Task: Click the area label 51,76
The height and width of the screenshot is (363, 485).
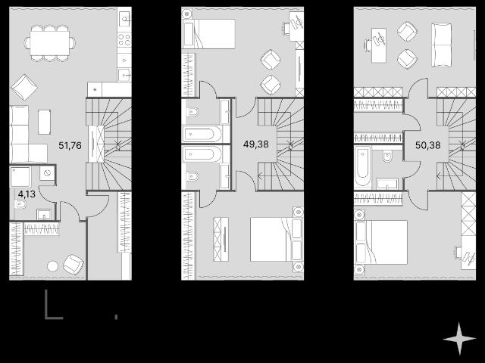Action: point(70,145)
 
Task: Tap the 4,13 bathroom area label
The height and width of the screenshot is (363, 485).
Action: point(27,194)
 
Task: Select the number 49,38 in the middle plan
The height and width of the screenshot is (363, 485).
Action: point(256,144)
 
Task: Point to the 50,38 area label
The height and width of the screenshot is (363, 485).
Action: point(427,144)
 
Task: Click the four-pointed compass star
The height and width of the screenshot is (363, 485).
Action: point(459,339)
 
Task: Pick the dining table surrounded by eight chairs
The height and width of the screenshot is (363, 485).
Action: point(50,43)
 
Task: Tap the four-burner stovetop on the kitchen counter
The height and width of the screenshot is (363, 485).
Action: point(124,40)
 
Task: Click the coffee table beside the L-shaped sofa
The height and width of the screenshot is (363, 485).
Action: point(45,122)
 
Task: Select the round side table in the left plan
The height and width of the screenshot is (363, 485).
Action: point(52,266)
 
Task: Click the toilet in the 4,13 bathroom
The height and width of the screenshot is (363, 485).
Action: point(20,204)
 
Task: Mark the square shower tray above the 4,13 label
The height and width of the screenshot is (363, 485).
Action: point(20,177)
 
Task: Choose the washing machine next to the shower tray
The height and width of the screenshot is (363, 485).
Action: point(47,174)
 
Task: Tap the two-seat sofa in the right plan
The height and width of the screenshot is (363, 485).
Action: point(441,45)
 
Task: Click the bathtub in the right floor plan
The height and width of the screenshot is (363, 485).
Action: point(363,166)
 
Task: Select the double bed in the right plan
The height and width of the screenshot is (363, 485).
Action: point(381,242)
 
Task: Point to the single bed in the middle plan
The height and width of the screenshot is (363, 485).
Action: point(209,33)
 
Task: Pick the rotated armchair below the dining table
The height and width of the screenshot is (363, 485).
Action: point(24,87)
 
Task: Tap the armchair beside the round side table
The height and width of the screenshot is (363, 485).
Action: point(74,265)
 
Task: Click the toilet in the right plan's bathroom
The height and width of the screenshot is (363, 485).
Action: point(387,157)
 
